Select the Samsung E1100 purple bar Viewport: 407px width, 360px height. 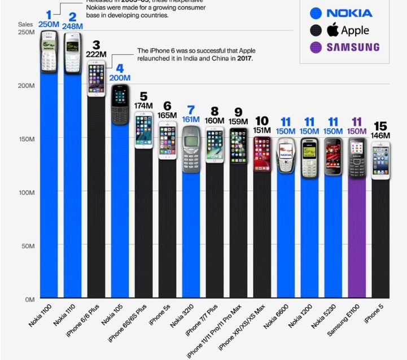[x=356, y=237]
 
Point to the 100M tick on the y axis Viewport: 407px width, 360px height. [x=28, y=192]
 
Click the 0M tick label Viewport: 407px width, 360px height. [x=30, y=299]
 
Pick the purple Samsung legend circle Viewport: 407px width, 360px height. [x=316, y=47]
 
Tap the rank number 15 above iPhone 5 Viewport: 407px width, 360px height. [x=380, y=125]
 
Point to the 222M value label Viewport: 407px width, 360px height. [x=96, y=54]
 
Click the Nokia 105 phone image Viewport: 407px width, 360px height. [x=120, y=104]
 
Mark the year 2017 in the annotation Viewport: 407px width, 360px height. [x=244, y=59]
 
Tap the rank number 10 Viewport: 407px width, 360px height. [x=261, y=121]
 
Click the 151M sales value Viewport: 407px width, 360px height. [x=261, y=131]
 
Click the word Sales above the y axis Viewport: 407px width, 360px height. [x=25, y=24]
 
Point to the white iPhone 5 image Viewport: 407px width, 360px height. [x=380, y=160]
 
